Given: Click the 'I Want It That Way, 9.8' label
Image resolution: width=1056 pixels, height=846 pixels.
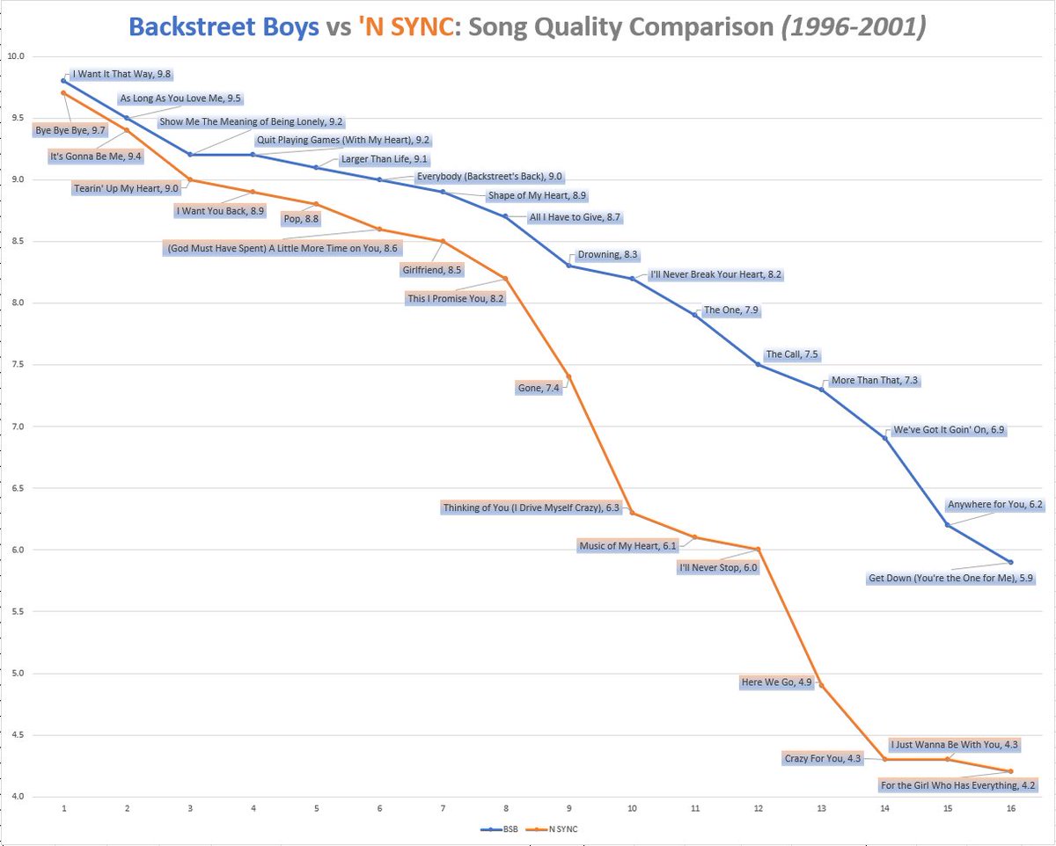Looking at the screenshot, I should tap(120, 76).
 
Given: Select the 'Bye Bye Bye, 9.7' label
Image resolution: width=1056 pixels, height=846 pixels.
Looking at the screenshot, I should tap(70, 130).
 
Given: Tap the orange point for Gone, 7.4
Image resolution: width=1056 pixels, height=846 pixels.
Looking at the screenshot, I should tap(569, 376).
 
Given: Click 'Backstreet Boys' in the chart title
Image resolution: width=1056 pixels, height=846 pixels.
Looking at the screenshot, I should tap(224, 26).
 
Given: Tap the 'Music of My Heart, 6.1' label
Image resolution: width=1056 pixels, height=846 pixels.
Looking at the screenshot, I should tap(627, 546).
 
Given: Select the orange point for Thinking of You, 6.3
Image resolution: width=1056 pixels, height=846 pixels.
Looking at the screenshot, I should tap(632, 513).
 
